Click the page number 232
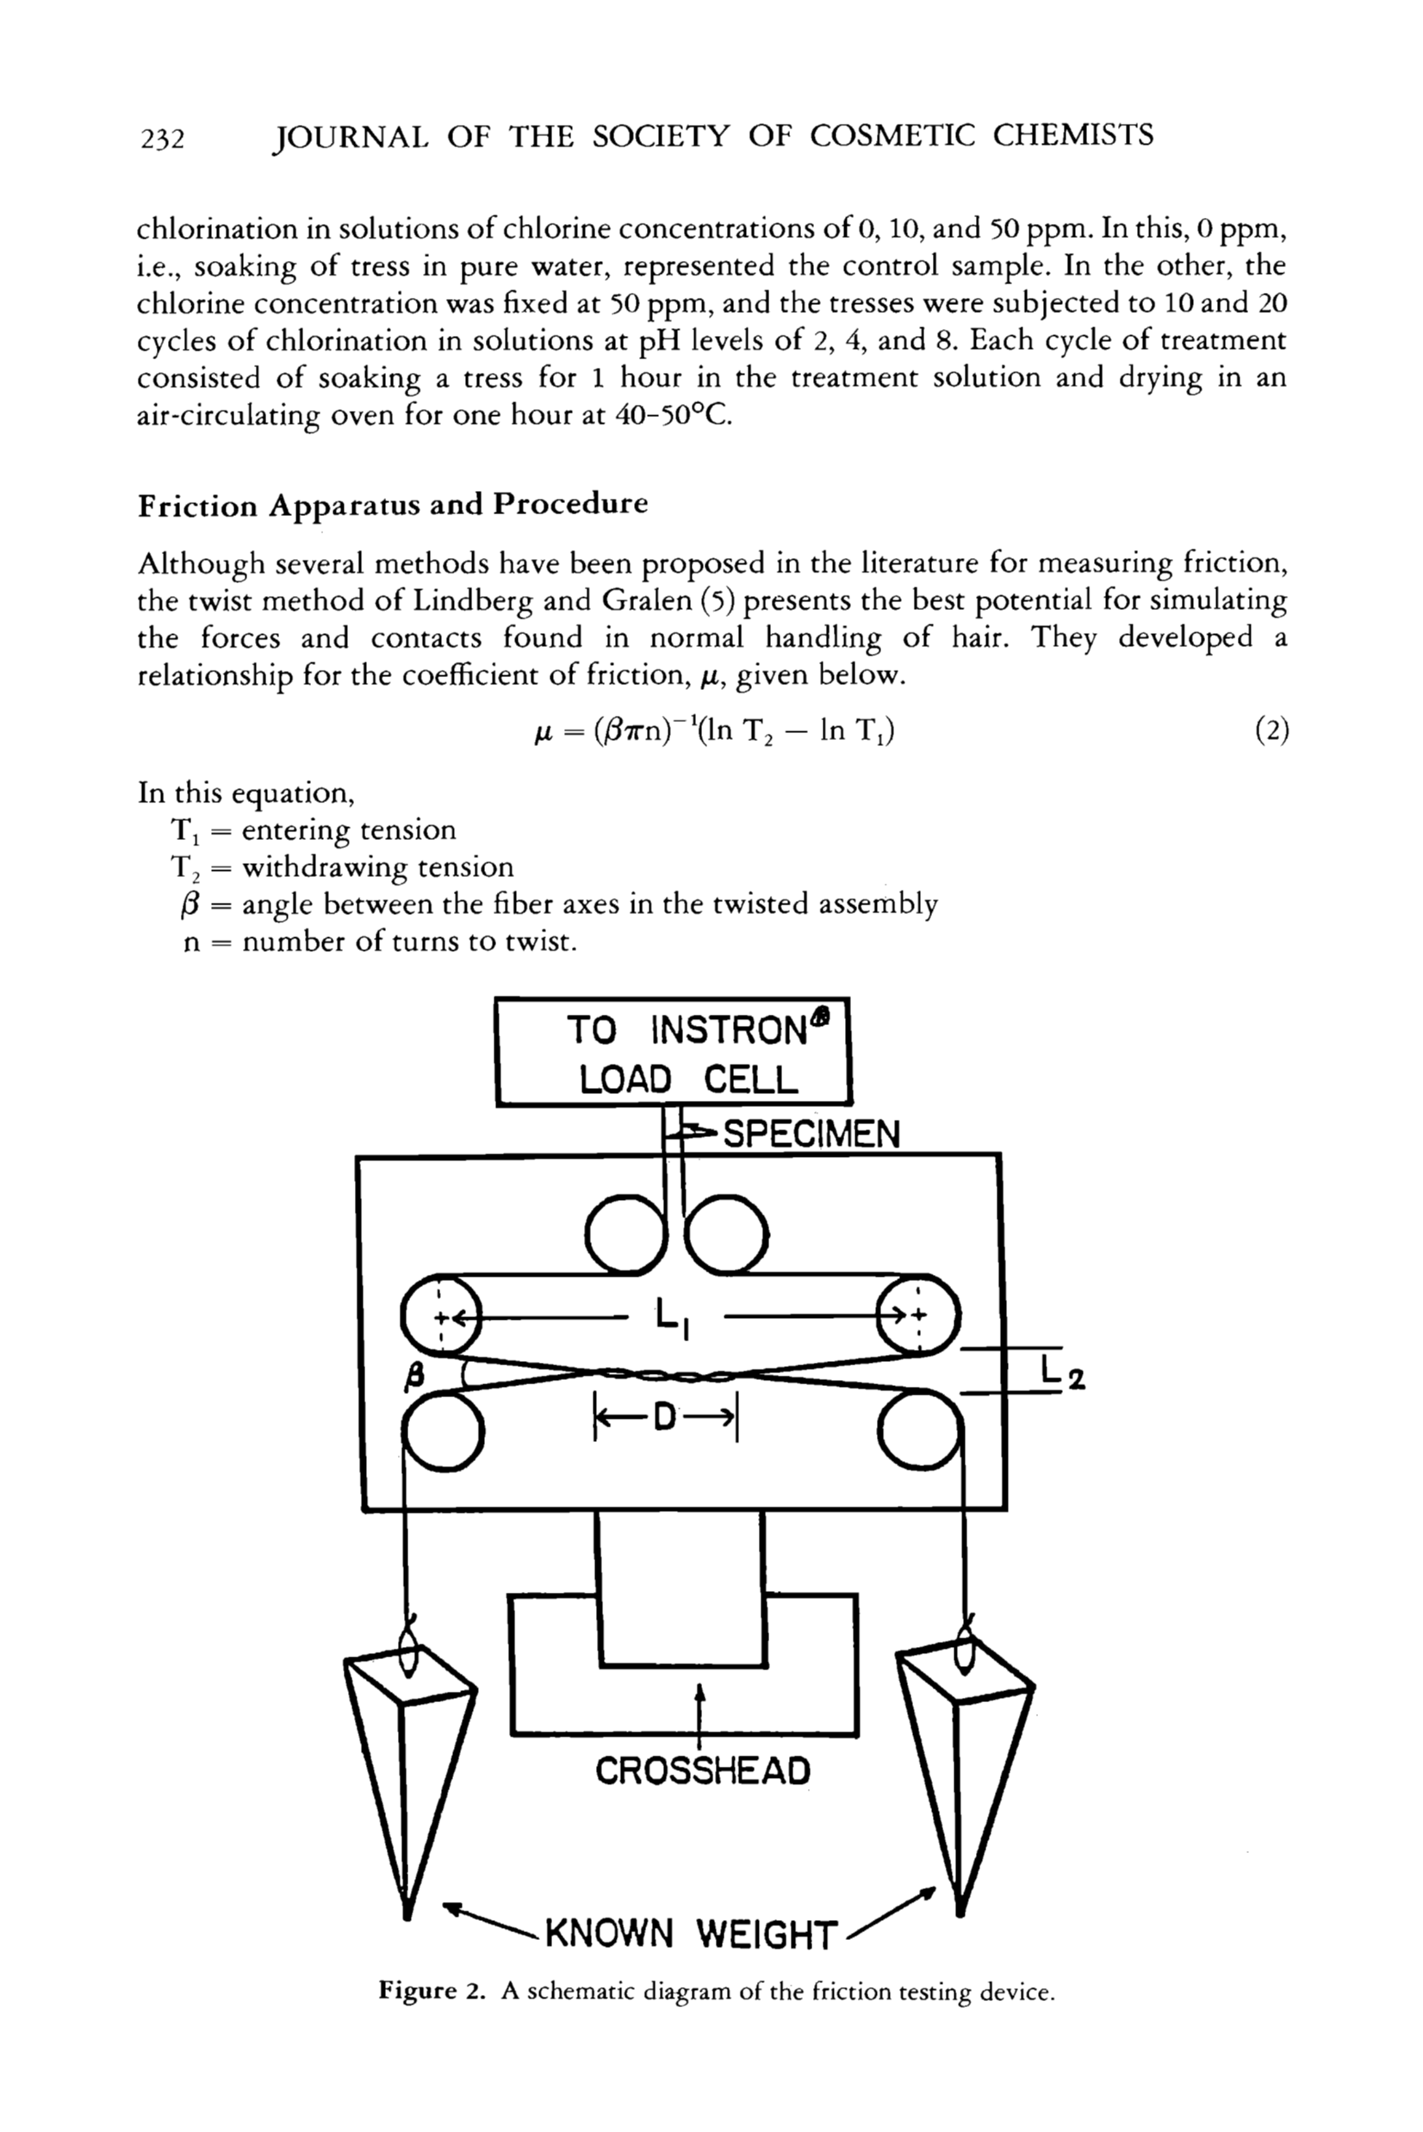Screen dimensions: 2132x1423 163,139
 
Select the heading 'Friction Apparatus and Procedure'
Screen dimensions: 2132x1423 392,505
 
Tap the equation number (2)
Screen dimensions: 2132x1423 1271,730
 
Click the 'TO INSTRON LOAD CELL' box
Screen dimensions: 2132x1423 673,1052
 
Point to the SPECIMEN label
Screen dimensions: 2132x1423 811,1134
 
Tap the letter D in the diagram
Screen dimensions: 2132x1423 665,1418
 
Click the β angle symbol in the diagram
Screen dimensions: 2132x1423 413,1377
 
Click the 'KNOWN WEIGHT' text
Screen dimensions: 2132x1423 690,1934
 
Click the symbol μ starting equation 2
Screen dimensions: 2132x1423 543,730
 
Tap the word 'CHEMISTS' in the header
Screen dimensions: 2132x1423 1072,135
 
